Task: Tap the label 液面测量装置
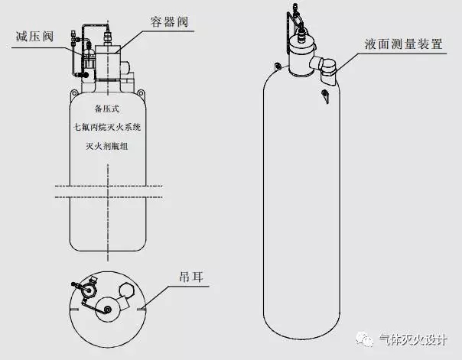(x=405, y=44)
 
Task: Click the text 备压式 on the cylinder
(x=108, y=109)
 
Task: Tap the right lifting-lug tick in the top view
(x=142, y=310)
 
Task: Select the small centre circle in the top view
(x=107, y=309)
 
